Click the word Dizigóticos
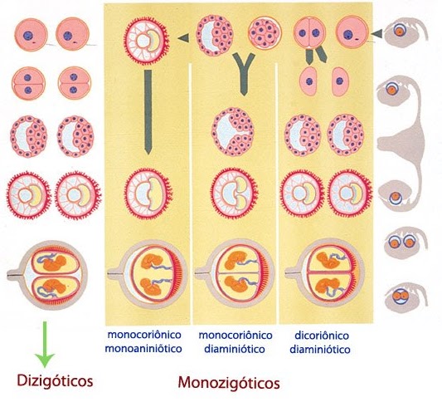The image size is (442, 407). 55,381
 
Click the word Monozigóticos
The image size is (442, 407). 229,383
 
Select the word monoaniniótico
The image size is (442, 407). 143,349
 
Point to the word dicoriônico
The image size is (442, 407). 322,336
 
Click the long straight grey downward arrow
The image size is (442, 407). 148,112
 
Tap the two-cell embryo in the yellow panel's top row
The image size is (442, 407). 309,33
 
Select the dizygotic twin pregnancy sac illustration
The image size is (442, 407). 47,275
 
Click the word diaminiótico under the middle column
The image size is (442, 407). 235,349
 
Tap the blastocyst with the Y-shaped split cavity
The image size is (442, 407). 233,131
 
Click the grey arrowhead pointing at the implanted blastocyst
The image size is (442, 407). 183,37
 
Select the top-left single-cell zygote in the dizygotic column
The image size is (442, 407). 31,35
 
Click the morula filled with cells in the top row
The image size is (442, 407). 265,32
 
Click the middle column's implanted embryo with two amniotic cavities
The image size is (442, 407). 234,193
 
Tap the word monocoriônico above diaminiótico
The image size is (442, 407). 236,336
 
